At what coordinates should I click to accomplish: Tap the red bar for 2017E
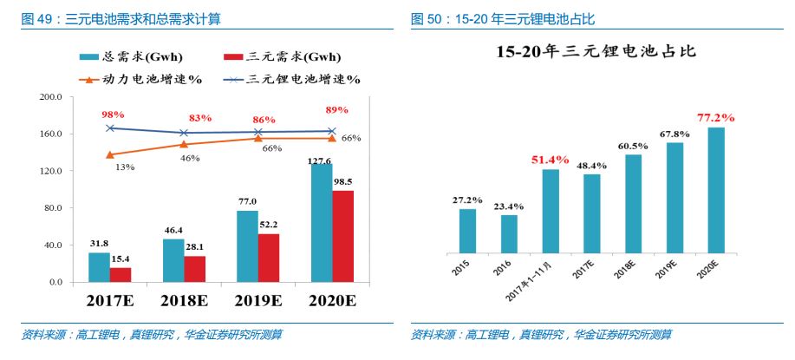[121, 274]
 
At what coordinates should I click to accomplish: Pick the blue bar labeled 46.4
[173, 260]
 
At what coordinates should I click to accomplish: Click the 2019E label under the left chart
[258, 302]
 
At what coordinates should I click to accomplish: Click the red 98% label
[113, 115]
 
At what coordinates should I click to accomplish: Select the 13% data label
[124, 167]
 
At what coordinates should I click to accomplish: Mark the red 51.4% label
[551, 160]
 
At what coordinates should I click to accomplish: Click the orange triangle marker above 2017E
[110, 154]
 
